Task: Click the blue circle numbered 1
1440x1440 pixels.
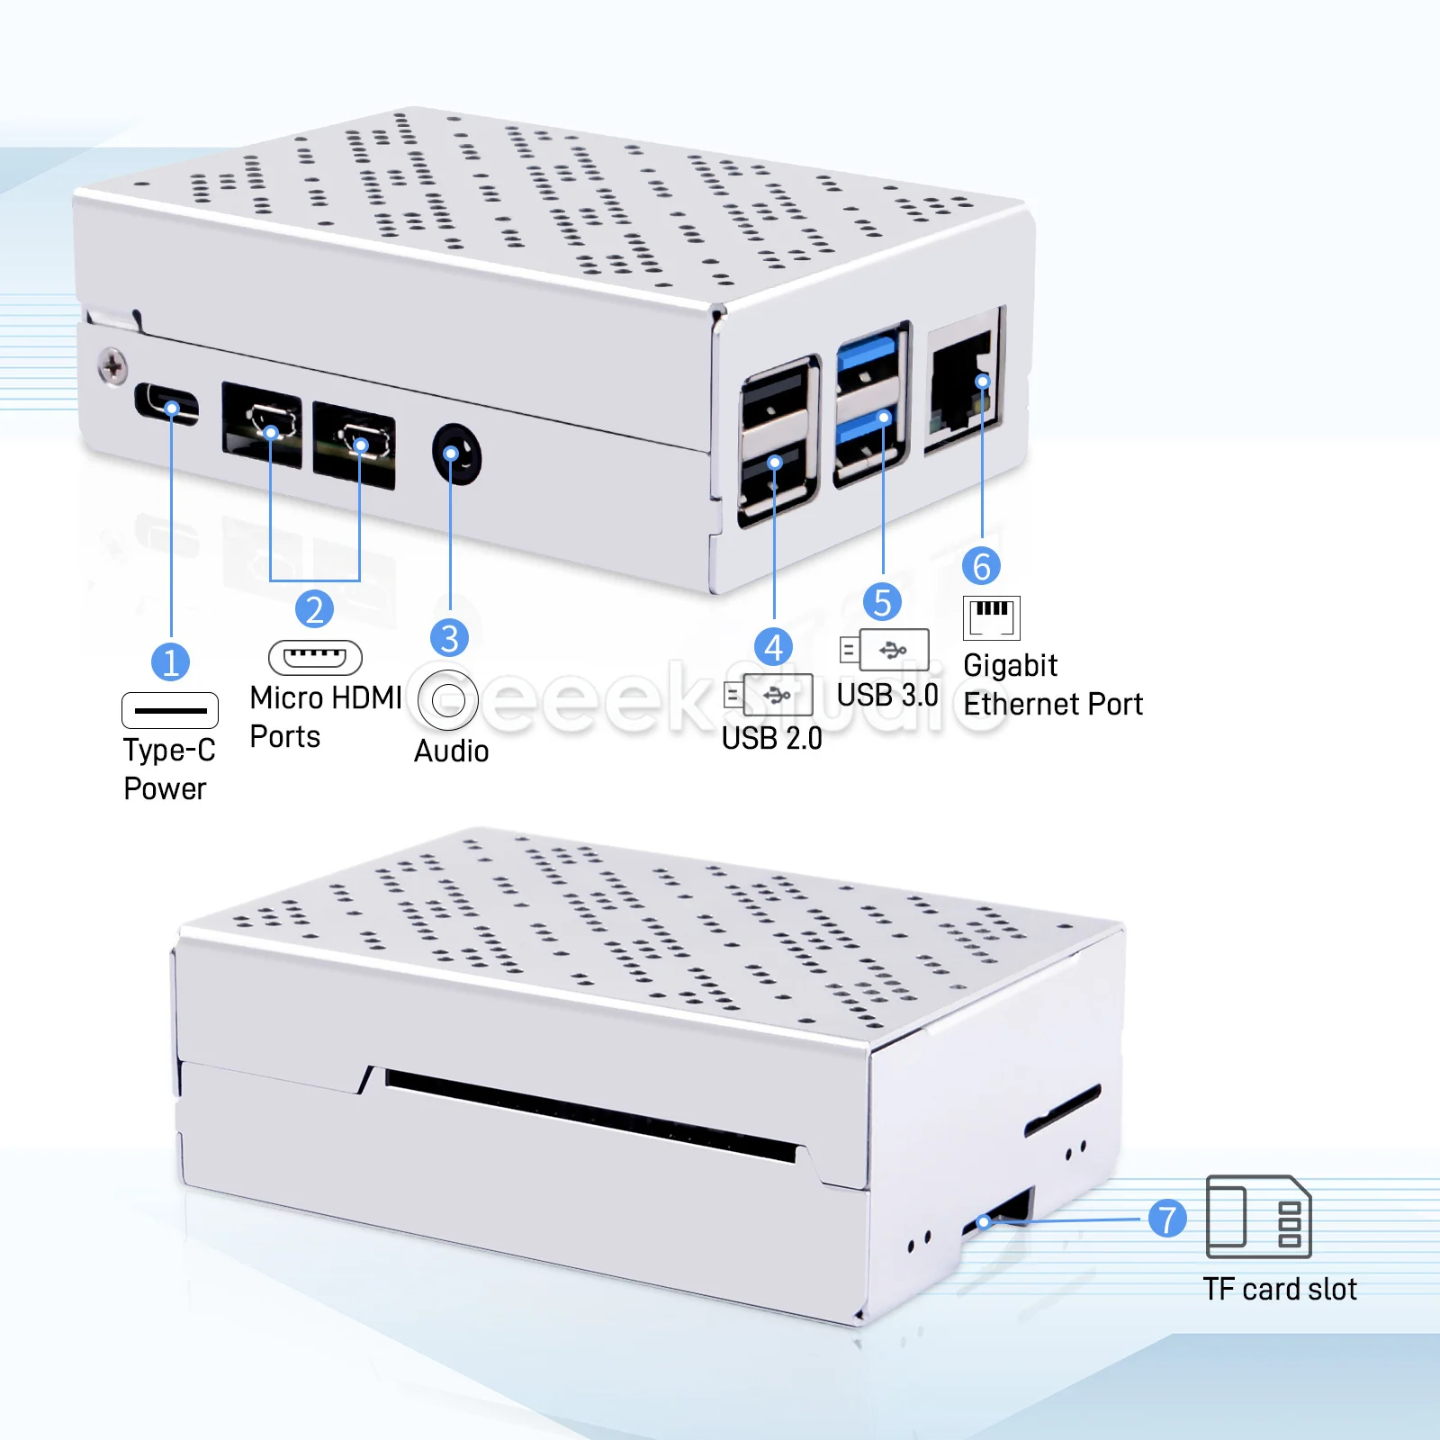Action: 170,662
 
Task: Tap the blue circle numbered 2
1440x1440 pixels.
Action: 314,609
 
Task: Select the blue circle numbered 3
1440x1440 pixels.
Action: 450,638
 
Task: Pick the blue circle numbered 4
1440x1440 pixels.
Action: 773,647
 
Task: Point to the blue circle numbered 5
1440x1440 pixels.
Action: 882,602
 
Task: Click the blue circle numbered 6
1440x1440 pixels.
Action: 981,566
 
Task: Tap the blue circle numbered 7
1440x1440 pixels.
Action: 1167,1219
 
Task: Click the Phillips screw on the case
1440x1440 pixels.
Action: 112,367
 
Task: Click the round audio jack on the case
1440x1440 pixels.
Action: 456,454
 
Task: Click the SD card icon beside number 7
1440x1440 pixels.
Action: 1258,1217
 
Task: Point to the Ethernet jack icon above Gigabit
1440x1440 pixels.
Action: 991,617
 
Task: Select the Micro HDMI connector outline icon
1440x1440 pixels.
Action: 315,657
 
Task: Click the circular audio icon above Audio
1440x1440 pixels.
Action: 447,699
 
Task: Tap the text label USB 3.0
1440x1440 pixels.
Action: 887,695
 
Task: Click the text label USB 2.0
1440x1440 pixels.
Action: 772,738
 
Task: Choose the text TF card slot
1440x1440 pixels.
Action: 1280,1289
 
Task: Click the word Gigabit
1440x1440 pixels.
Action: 1010,665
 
